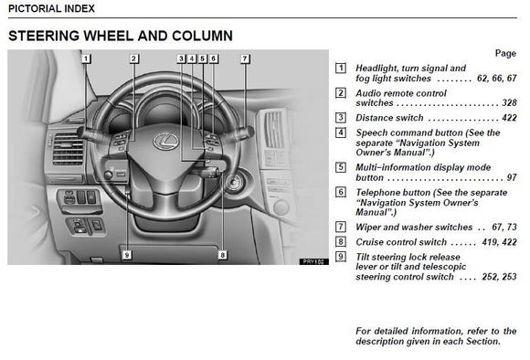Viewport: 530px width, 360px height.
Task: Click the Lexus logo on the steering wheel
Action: tap(165, 142)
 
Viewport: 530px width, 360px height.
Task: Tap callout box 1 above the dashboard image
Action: tap(86, 58)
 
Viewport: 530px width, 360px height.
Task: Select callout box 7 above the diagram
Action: tap(245, 58)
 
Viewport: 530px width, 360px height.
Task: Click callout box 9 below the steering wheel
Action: tap(127, 255)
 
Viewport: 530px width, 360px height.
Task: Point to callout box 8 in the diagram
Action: tap(222, 255)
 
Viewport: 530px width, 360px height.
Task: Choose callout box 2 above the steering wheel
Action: tap(133, 58)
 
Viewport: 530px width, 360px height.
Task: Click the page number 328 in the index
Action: tap(509, 102)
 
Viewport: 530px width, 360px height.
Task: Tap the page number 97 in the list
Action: tap(512, 177)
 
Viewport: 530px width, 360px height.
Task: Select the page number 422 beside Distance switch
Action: tap(509, 118)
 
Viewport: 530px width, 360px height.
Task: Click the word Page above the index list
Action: tap(505, 53)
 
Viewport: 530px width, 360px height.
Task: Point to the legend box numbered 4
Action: tap(341, 132)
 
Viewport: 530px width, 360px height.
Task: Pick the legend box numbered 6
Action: tap(341, 192)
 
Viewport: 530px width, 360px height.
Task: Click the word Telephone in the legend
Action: tap(376, 193)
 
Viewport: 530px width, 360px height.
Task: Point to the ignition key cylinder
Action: tap(233, 183)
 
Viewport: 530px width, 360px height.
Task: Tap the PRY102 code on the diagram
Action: tap(313, 261)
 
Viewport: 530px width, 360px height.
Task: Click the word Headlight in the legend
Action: tap(376, 69)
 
